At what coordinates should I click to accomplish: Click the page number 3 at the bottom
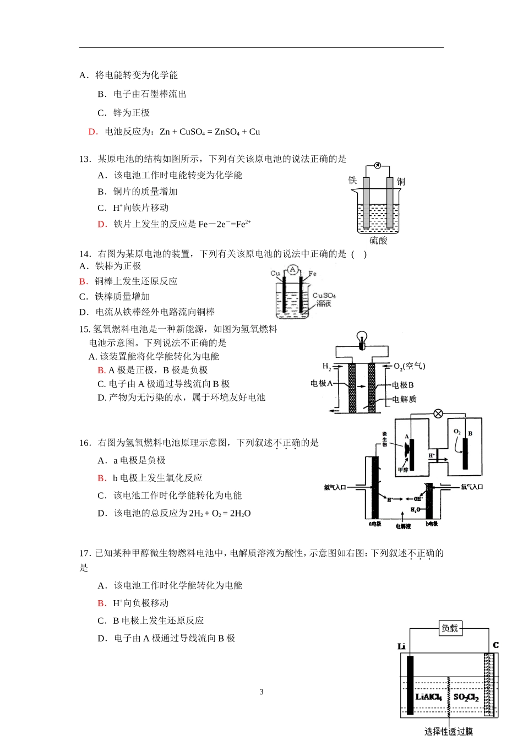click(261, 692)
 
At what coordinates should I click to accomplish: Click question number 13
click(84, 159)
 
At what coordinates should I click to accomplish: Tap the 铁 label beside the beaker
click(352, 180)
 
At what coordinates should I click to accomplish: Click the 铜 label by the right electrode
click(401, 181)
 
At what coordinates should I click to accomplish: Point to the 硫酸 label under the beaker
click(378, 241)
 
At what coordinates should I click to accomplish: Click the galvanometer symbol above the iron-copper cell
click(377, 165)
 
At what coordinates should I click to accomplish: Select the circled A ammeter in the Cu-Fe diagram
click(293, 270)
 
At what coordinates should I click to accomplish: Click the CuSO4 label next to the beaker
click(324, 296)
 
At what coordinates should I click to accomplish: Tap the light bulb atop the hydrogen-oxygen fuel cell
click(362, 338)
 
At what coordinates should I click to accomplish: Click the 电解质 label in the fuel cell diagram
click(404, 399)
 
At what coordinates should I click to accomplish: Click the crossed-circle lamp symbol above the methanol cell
click(438, 413)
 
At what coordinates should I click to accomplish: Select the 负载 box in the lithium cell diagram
click(450, 628)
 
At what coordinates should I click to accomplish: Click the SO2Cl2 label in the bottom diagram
click(466, 698)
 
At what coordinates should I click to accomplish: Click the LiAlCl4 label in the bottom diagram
click(428, 697)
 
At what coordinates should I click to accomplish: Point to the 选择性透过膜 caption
click(448, 731)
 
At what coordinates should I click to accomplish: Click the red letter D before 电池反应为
click(92, 132)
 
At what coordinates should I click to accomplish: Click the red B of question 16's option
click(101, 478)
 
